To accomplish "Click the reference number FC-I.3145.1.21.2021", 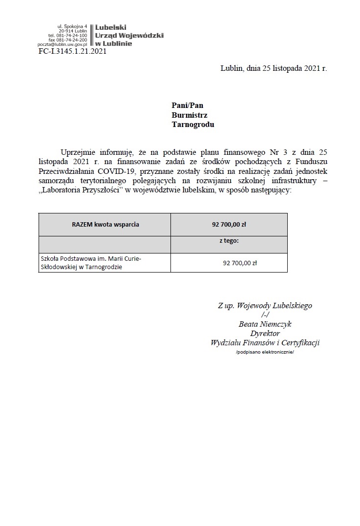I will coord(72,51).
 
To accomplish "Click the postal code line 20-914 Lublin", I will coord(73,31).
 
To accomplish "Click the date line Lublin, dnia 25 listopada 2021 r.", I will coord(274,68).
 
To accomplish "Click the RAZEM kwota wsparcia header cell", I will coord(105,225).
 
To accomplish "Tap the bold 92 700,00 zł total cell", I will coord(229,225).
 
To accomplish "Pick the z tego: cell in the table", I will coord(229,241).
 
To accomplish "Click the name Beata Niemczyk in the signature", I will coord(265,324).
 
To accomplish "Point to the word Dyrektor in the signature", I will coord(265,333).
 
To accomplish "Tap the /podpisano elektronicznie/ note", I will coord(265,352).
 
